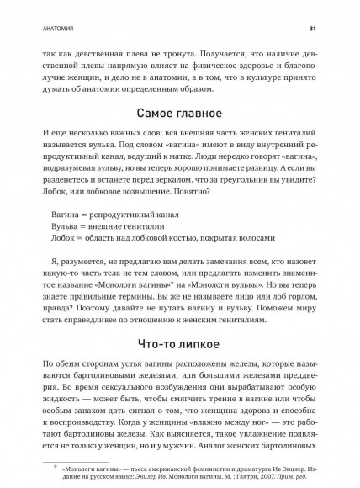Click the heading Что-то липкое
coord(179,319)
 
